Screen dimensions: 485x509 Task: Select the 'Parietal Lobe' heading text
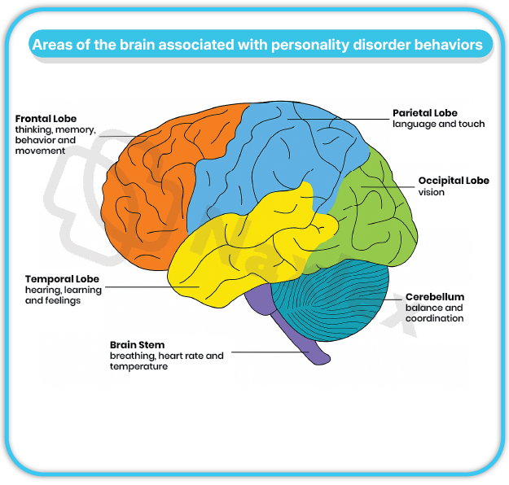(x=425, y=113)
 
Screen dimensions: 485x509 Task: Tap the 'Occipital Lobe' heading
(x=454, y=181)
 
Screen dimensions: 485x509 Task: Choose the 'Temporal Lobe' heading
(x=62, y=279)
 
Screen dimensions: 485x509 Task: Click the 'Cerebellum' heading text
(x=434, y=297)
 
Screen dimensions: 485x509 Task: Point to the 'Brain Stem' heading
(x=137, y=345)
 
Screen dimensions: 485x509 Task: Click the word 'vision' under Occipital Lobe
(x=432, y=193)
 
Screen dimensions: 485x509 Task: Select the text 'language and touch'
(x=438, y=125)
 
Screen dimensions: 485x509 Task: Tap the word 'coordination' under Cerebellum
(x=434, y=318)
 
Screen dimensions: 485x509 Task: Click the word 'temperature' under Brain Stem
(x=138, y=366)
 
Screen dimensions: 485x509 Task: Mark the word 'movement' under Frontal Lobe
(x=40, y=151)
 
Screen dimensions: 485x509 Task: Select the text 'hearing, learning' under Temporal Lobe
(x=64, y=290)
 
